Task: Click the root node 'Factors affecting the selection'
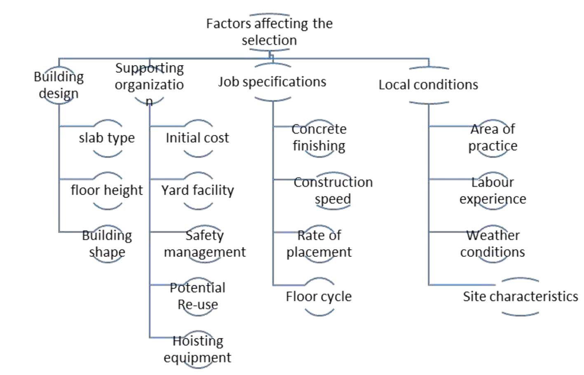pyautogui.click(x=269, y=32)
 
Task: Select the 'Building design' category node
pyautogui.click(x=59, y=85)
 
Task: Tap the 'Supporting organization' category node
pyautogui.click(x=149, y=84)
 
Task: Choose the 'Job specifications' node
pyautogui.click(x=272, y=82)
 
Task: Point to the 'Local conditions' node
pyautogui.click(x=428, y=85)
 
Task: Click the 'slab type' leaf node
pyautogui.click(x=107, y=138)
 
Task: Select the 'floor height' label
pyautogui.click(x=107, y=190)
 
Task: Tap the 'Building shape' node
pyautogui.click(x=107, y=243)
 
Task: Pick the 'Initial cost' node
pyautogui.click(x=197, y=138)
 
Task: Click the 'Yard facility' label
pyautogui.click(x=197, y=190)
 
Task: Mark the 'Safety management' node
pyautogui.click(x=204, y=243)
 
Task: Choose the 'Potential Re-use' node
pyautogui.click(x=197, y=296)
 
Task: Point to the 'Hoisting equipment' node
pyautogui.click(x=197, y=349)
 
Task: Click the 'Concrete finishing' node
pyautogui.click(x=319, y=137)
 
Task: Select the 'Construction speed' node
pyautogui.click(x=333, y=190)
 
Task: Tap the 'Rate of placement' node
pyautogui.click(x=319, y=243)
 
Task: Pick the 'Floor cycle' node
pyautogui.click(x=319, y=296)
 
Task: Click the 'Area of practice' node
pyautogui.click(x=493, y=137)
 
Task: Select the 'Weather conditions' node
pyautogui.click(x=493, y=243)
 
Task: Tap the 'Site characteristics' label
pyautogui.click(x=520, y=296)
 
